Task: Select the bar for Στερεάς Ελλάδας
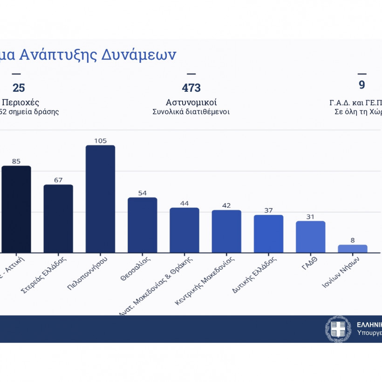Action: coord(58,218)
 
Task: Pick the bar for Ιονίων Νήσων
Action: coord(353,249)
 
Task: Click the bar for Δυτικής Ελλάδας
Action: coord(268,234)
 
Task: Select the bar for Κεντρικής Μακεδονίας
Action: coord(226,232)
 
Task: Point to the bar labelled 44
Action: coord(184,230)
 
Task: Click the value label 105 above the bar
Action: coord(100,141)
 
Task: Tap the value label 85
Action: coord(16,162)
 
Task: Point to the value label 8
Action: coord(353,240)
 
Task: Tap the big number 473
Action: coord(191,88)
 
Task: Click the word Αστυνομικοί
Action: coord(191,102)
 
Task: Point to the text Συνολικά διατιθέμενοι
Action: coord(191,112)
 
